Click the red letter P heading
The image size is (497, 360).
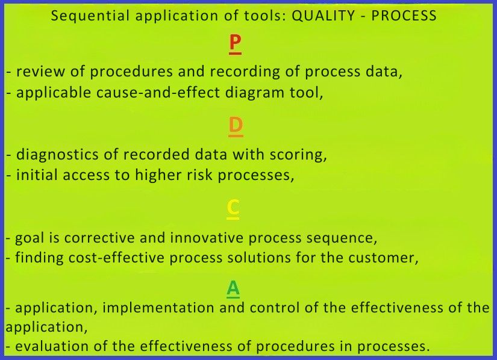point(235,43)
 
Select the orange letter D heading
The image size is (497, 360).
point(236,126)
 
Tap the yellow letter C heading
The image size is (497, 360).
point(233,208)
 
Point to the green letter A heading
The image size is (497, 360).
point(233,289)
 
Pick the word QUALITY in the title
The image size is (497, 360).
point(323,16)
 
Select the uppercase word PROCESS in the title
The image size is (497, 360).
point(404,16)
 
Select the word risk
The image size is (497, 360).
point(199,175)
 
